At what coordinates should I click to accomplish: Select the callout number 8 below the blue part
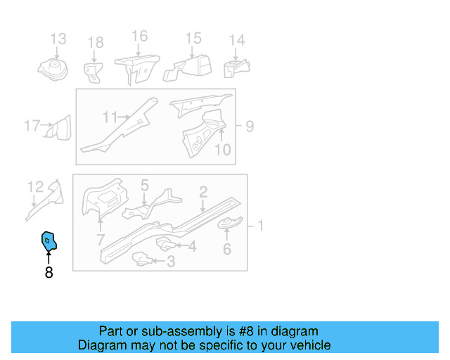(49, 272)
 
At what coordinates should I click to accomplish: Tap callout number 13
(58, 39)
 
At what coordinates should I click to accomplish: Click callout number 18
(95, 44)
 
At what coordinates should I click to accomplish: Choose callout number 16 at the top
(139, 36)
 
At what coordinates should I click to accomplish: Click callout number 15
(193, 39)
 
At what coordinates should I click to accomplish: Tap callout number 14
(237, 40)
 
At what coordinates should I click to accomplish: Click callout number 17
(32, 127)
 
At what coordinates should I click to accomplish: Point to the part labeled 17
(59, 129)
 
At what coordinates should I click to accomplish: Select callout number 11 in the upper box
(110, 117)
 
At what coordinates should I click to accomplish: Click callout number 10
(222, 149)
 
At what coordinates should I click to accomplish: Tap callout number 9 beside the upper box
(250, 127)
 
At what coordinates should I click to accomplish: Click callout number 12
(35, 186)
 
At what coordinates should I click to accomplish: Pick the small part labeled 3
(143, 261)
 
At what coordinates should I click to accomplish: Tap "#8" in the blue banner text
(243, 331)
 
